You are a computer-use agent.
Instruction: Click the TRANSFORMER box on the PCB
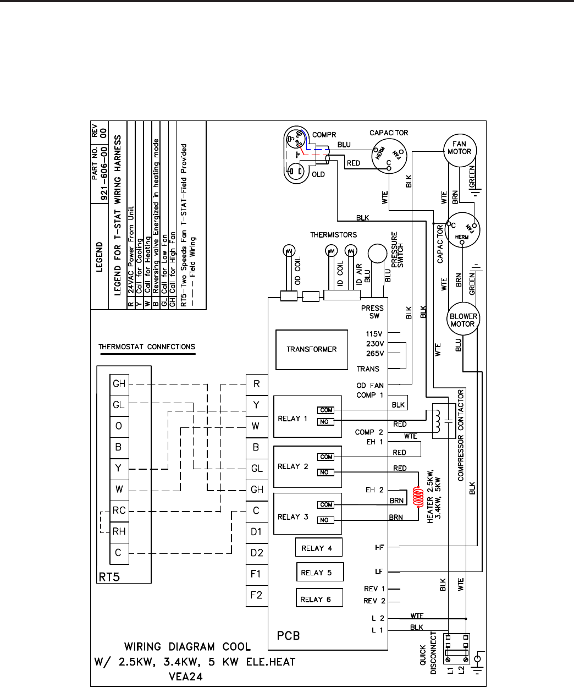311,349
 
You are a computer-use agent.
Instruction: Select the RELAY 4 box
318,548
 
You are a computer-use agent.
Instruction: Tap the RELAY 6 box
319,598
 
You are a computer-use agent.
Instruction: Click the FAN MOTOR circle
459,148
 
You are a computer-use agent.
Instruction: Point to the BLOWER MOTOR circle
463,320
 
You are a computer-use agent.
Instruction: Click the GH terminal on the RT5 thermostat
119,384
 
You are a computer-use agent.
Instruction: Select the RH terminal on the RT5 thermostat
119,531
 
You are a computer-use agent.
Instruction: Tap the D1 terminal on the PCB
256,532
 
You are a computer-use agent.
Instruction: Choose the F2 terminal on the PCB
256,595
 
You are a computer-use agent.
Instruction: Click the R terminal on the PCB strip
256,384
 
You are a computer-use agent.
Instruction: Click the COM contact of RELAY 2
326,457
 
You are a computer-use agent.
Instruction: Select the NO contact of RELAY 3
325,520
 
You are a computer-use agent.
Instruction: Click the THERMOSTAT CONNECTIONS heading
147,347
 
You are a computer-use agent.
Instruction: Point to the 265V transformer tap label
375,354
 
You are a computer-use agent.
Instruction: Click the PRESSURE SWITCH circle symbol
378,255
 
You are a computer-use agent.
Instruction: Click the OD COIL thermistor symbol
287,251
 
